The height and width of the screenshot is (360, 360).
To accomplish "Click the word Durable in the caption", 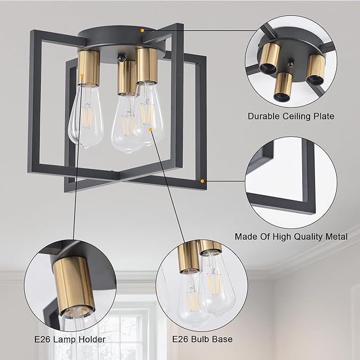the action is [264, 116].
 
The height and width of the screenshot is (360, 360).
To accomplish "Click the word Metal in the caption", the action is [337, 236].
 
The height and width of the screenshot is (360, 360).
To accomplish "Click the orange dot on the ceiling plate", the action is [142, 30].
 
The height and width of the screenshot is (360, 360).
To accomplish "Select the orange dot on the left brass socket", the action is [82, 75].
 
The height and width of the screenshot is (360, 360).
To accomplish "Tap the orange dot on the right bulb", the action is [151, 129].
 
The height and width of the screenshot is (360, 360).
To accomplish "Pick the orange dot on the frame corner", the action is [202, 181].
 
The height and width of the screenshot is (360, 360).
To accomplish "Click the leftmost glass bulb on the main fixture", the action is [86, 116].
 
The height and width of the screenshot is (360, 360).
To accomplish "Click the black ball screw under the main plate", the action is [120, 57].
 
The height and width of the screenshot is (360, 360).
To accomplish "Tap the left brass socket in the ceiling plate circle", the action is [269, 57].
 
